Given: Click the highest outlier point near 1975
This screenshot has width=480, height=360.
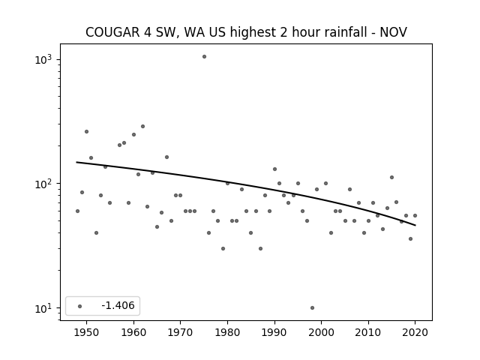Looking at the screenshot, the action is click(204, 57).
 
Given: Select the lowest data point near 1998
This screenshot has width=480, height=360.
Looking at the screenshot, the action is click(312, 308).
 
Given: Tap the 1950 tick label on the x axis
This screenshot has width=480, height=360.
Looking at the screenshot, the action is click(87, 332).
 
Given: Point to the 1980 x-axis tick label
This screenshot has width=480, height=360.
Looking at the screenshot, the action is click(227, 332).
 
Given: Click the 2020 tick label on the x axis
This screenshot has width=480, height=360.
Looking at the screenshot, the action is click(415, 332).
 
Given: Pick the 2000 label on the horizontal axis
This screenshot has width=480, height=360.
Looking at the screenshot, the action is click(322, 332).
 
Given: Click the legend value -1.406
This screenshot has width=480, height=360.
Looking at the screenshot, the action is click(118, 305).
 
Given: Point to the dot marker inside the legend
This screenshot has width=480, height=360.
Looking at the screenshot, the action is click(80, 306).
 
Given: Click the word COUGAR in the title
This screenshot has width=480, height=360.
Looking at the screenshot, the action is click(112, 32).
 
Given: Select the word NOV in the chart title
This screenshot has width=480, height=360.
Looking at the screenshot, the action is click(393, 32).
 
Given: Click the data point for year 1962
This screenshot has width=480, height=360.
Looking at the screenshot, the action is click(142, 127).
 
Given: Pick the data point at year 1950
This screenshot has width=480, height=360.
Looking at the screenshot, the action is click(87, 132).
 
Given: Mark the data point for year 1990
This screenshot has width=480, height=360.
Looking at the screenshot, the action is click(274, 169).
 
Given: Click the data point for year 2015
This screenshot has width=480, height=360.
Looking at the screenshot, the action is click(391, 177).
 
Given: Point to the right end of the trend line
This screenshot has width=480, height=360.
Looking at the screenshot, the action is click(415, 225).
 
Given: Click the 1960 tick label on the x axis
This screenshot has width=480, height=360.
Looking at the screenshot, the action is click(133, 332).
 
